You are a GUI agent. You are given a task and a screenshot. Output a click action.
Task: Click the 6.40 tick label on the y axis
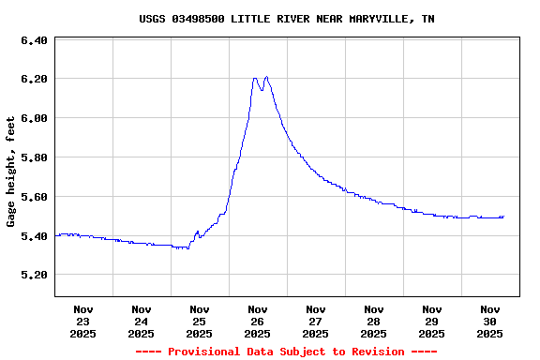click(34, 40)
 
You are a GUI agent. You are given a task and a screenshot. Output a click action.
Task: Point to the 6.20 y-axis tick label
click(34, 80)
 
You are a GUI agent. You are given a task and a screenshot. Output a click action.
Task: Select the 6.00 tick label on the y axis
click(34, 119)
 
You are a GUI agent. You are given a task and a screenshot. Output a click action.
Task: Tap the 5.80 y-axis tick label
click(34, 158)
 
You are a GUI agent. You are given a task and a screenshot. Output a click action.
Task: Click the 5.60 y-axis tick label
click(34, 197)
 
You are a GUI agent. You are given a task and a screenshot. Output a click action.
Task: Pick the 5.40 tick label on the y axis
click(34, 236)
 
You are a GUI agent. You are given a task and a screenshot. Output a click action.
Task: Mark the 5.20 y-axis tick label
click(34, 276)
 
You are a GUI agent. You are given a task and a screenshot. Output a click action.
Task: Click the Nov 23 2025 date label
click(83, 321)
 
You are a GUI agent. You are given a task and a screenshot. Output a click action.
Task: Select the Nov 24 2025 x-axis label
click(142, 321)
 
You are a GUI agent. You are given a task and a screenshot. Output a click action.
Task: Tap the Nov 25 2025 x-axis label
click(200, 321)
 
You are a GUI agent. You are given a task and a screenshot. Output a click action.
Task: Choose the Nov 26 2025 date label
click(258, 321)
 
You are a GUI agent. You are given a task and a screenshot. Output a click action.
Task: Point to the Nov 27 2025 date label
click(316, 321)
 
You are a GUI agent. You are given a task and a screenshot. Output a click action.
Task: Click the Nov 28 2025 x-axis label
click(374, 321)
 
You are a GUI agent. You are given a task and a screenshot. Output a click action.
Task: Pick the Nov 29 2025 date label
click(432, 321)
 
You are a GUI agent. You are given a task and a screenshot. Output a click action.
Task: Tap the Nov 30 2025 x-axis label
click(490, 321)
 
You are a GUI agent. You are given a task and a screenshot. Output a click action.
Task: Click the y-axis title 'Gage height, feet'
click(11, 172)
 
